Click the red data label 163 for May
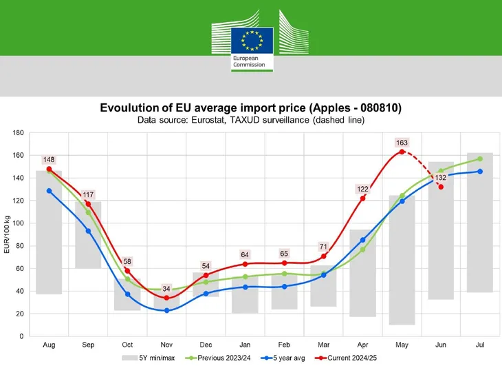click(x=402, y=143)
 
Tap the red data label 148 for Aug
click(x=49, y=160)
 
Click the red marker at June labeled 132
click(x=441, y=187)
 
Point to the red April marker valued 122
click(x=362, y=199)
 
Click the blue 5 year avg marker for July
click(x=480, y=172)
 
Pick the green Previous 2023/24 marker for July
click(x=480, y=159)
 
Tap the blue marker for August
click(x=49, y=191)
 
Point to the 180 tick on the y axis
click(x=18, y=132)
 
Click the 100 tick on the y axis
click(x=18, y=223)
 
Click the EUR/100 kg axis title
click(x=8, y=234)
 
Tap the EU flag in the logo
click(x=252, y=40)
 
